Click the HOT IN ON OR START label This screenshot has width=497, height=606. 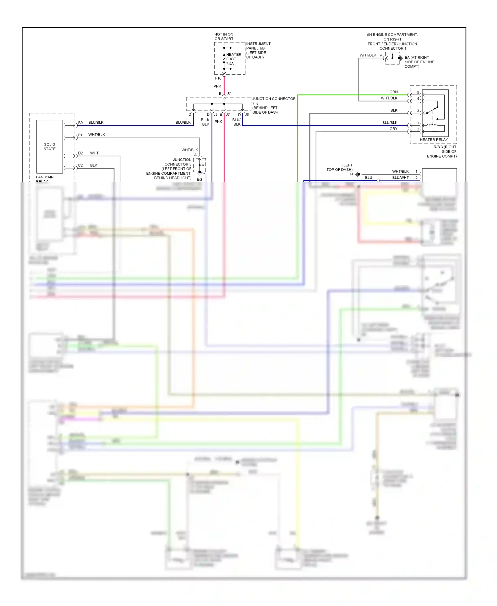[224, 36]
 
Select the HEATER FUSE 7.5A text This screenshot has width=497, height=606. [233, 59]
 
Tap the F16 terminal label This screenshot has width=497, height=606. [218, 78]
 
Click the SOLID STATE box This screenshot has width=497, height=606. [50, 147]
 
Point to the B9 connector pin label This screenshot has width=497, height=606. [81, 123]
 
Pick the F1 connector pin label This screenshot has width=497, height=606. [80, 135]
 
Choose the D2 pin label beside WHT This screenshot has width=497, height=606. [81, 153]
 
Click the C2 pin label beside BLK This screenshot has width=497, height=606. [81, 165]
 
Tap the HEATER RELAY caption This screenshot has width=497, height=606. [433, 140]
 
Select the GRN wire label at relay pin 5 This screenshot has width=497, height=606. [393, 92]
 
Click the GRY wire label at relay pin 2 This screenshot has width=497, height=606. [393, 129]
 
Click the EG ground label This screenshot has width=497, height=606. [199, 179]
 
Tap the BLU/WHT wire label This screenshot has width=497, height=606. [400, 178]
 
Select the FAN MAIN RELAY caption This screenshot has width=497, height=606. [45, 178]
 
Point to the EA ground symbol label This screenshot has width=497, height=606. [419, 62]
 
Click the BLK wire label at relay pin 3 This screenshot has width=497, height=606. [394, 110]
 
